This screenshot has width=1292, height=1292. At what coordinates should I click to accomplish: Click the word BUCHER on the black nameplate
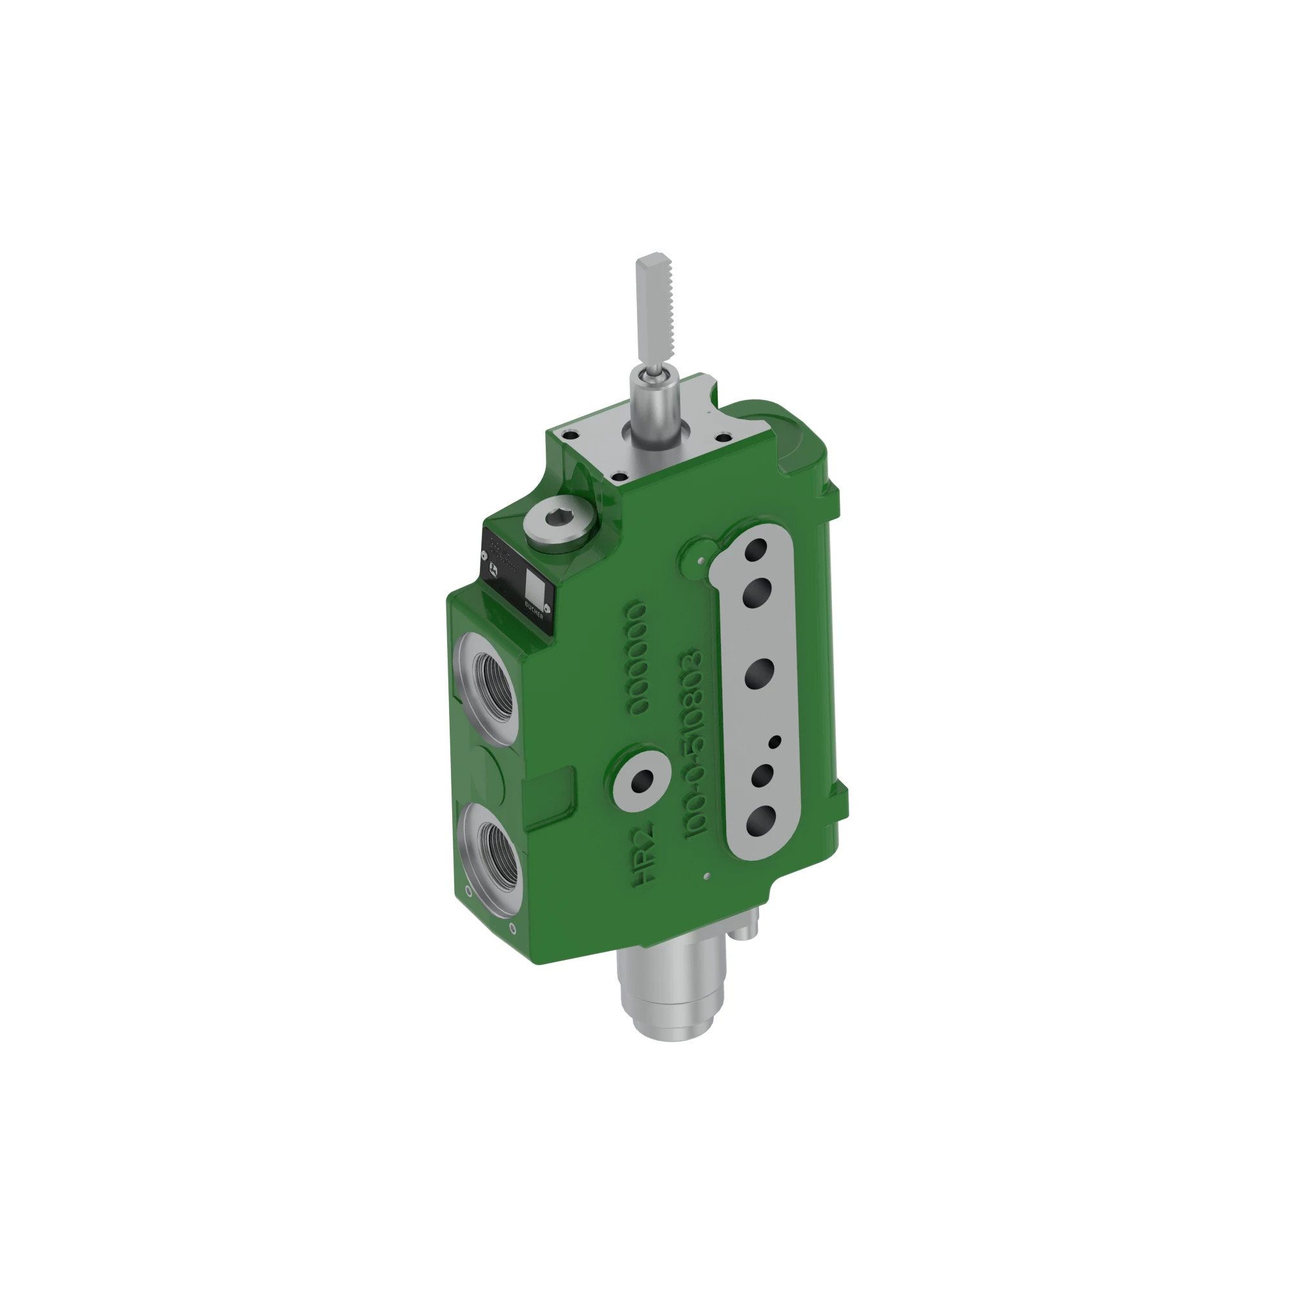point(534,610)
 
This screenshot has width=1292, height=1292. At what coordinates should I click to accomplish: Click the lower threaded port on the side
point(498,855)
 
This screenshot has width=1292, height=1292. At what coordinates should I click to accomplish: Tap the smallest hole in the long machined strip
point(776,742)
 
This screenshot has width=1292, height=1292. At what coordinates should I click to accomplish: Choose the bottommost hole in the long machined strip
point(760,819)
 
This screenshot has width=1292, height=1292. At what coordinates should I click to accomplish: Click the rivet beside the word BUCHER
point(547,608)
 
